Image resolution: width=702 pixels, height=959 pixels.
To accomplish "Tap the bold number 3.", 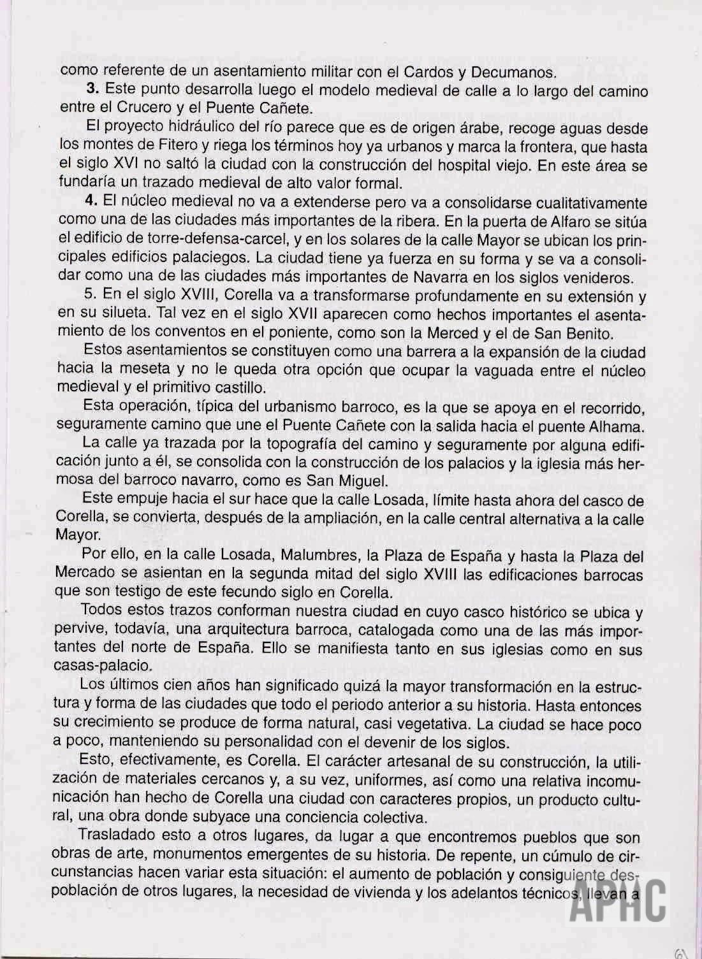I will [91, 89].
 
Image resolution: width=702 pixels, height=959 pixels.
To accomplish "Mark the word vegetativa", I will [425, 724].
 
